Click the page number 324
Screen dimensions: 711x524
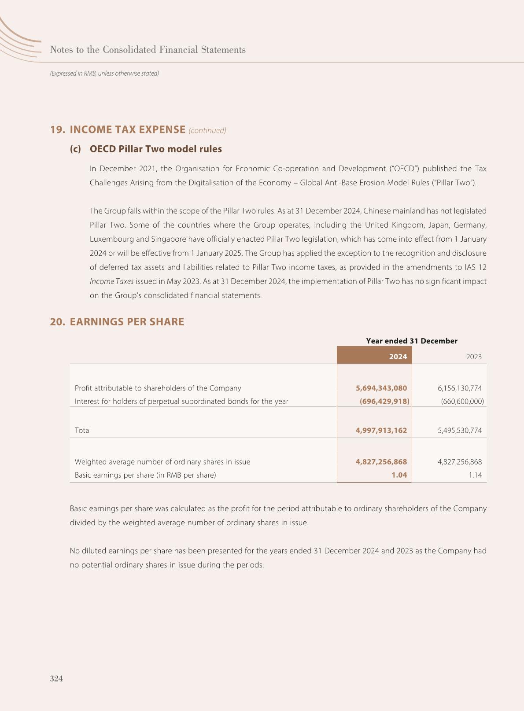(x=56, y=678)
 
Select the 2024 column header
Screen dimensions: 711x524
(x=398, y=357)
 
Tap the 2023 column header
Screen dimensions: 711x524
(x=473, y=357)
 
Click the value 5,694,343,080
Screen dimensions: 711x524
(x=381, y=388)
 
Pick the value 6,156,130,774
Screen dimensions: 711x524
(x=460, y=388)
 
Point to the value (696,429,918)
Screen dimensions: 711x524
(x=384, y=401)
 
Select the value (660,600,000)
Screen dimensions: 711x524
(x=462, y=401)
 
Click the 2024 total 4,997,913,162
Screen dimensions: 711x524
(x=381, y=430)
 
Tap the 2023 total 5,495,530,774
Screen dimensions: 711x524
(x=460, y=430)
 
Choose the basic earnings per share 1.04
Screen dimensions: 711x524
(x=399, y=475)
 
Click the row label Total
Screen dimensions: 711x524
(x=83, y=430)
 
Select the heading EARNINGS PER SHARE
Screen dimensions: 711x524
(x=127, y=322)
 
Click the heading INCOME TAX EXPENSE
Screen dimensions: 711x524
(x=127, y=129)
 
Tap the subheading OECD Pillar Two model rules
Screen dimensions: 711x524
(x=155, y=149)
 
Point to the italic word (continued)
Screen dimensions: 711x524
(x=207, y=130)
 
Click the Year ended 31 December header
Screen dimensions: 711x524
(x=411, y=341)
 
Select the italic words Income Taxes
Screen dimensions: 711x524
(x=111, y=281)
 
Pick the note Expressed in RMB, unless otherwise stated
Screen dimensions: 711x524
(x=104, y=74)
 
